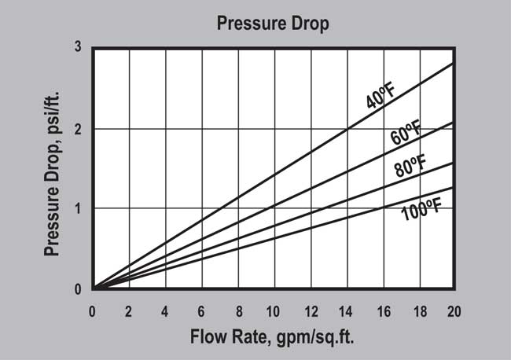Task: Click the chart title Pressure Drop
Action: pyautogui.click(x=273, y=23)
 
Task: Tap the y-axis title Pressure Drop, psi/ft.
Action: pyautogui.click(x=53, y=168)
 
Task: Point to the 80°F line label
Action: pyautogui.click(x=410, y=167)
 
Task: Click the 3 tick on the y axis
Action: pyautogui.click(x=78, y=47)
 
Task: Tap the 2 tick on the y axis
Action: pyautogui.click(x=78, y=128)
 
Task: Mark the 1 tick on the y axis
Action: pyautogui.click(x=78, y=208)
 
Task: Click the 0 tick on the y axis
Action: pyautogui.click(x=78, y=289)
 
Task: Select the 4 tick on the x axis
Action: pyautogui.click(x=165, y=310)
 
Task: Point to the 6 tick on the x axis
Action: pyautogui.click(x=201, y=310)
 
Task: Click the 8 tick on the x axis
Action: pyautogui.click(x=237, y=310)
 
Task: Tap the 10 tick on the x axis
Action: pyautogui.click(x=273, y=310)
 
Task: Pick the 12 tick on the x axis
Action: pyautogui.click(x=309, y=310)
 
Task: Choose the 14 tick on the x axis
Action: pyautogui.click(x=345, y=310)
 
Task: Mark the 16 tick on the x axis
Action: pyautogui.click(x=381, y=310)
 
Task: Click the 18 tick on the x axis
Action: pyautogui.click(x=417, y=310)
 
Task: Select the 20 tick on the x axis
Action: pyautogui.click(x=454, y=310)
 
